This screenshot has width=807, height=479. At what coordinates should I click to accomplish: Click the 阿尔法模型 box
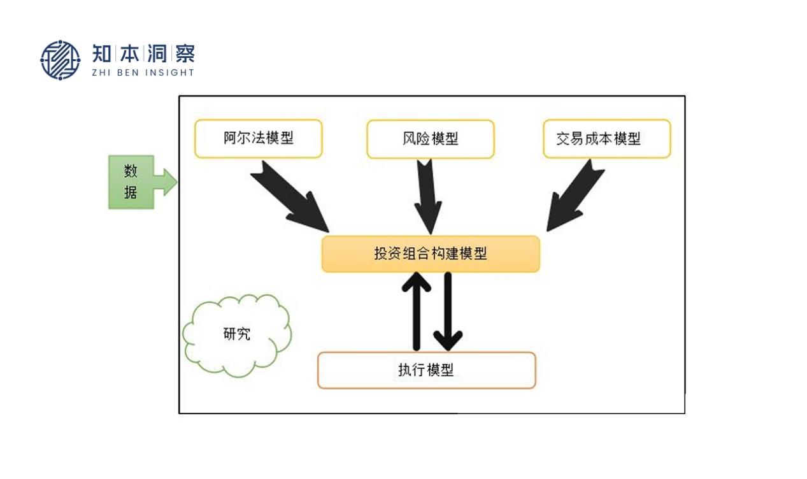[x=258, y=139]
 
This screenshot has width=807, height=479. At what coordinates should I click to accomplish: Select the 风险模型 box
[x=430, y=139]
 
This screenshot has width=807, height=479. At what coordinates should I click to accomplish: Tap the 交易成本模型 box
[x=606, y=139]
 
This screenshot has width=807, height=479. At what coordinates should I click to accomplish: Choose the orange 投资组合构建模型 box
[x=431, y=254]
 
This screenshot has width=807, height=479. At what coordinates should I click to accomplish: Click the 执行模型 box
[x=426, y=370]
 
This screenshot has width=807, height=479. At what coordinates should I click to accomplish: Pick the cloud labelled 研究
[x=237, y=334]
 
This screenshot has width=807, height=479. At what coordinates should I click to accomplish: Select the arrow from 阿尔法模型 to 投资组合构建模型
[x=290, y=196]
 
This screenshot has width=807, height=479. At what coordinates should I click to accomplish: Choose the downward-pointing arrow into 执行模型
[x=448, y=312]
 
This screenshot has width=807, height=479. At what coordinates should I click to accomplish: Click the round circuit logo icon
[x=61, y=60]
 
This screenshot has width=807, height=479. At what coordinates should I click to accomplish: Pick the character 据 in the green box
[x=131, y=192]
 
